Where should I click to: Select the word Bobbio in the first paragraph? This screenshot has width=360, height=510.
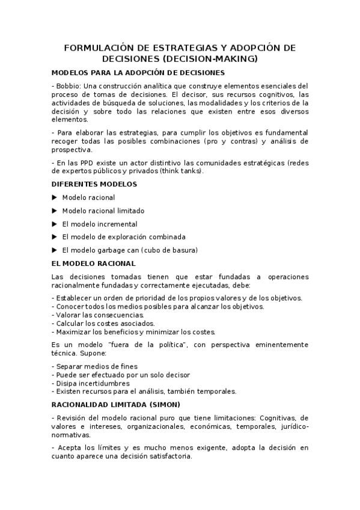(68, 85)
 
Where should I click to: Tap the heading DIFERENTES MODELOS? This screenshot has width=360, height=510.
(94, 184)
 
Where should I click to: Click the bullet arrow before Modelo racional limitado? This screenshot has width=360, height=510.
(55, 210)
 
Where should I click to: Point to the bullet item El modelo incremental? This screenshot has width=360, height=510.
(99, 224)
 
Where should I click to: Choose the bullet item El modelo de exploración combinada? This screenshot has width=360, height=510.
(124, 237)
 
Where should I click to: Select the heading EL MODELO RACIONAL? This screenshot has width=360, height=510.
(94, 263)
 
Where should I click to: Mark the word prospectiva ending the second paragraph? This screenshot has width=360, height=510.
(72, 150)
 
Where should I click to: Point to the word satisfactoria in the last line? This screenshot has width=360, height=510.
(166, 456)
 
